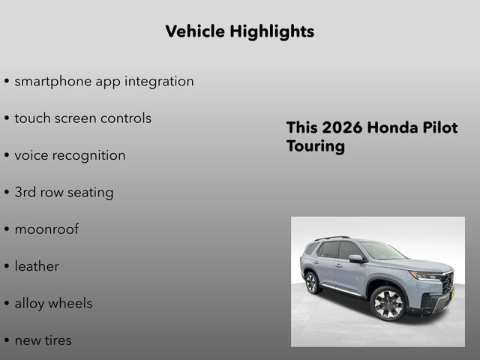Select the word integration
(158, 81)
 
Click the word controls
(125, 118)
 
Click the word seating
(90, 192)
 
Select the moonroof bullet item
(46, 229)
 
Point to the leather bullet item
(37, 266)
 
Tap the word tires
(58, 340)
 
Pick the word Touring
(315, 145)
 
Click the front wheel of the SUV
(387, 303)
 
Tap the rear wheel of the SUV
(312, 282)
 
